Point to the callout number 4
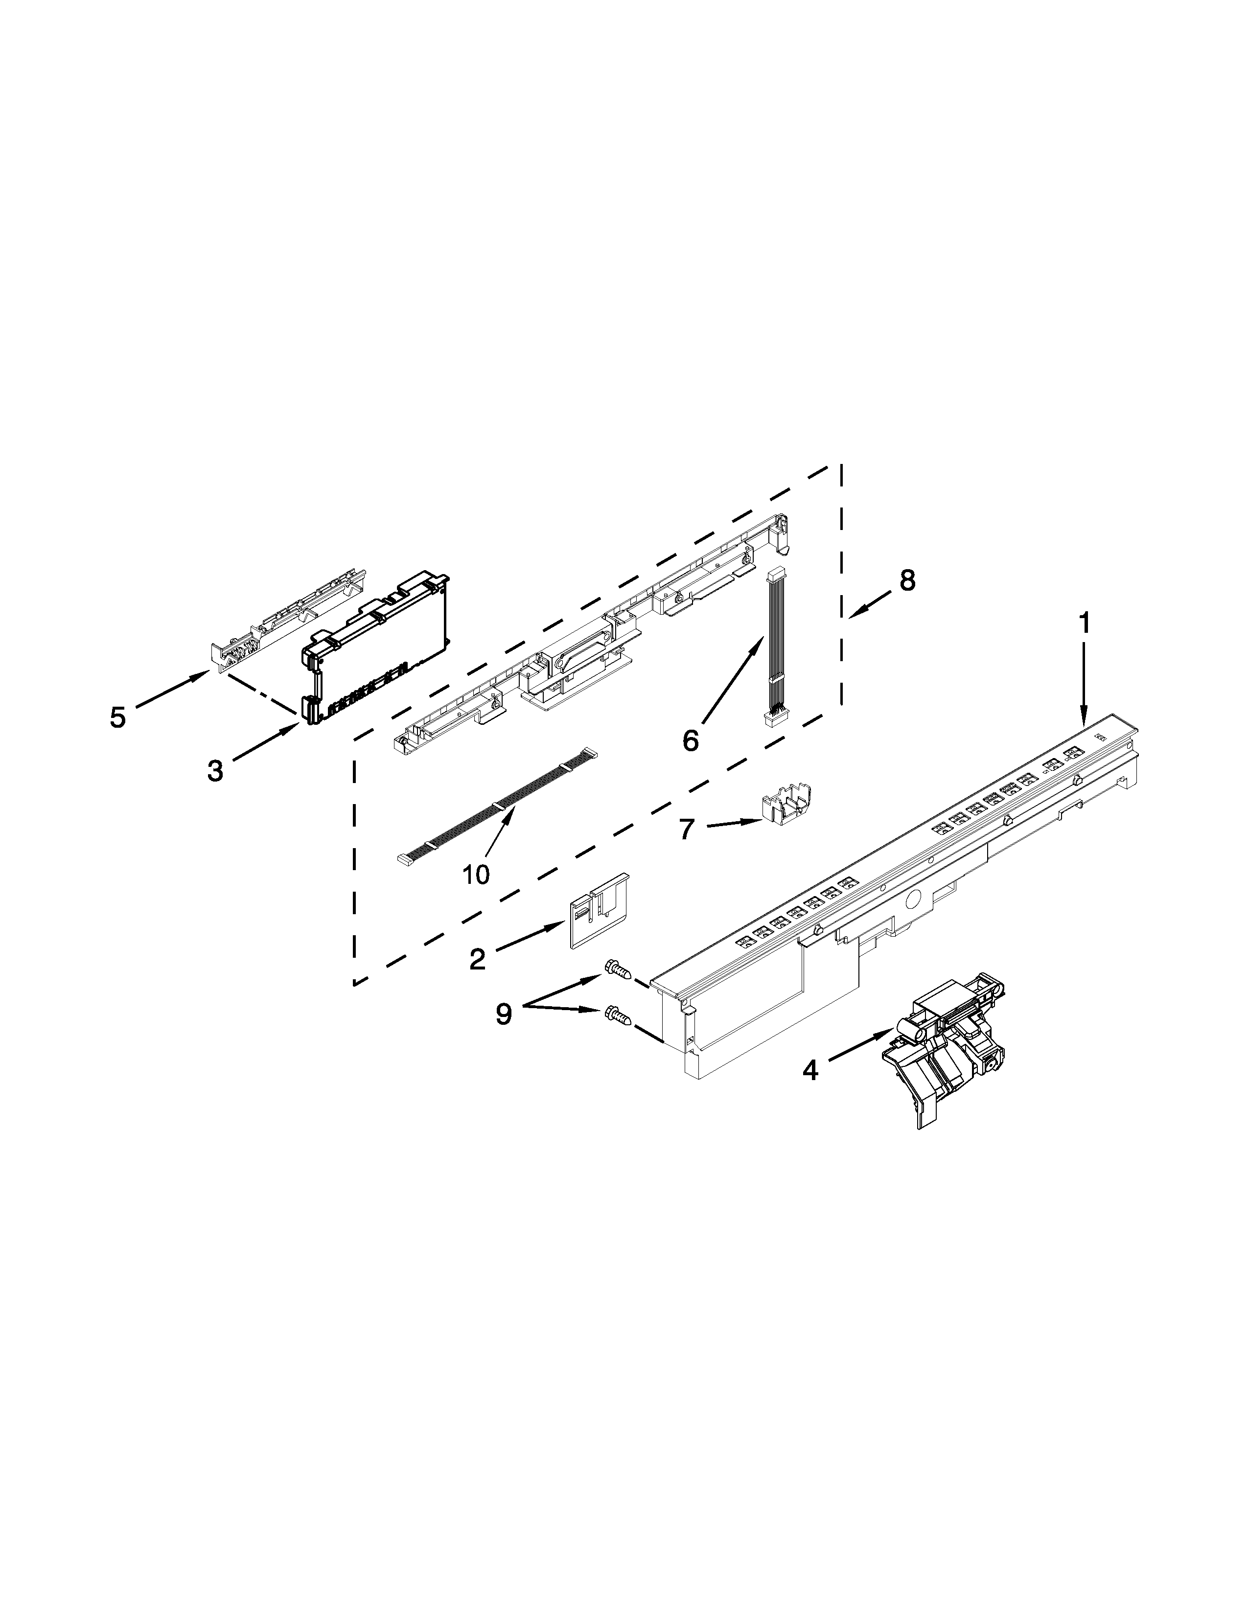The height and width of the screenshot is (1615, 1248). (x=810, y=1069)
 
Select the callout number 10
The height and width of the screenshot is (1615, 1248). (x=476, y=875)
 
